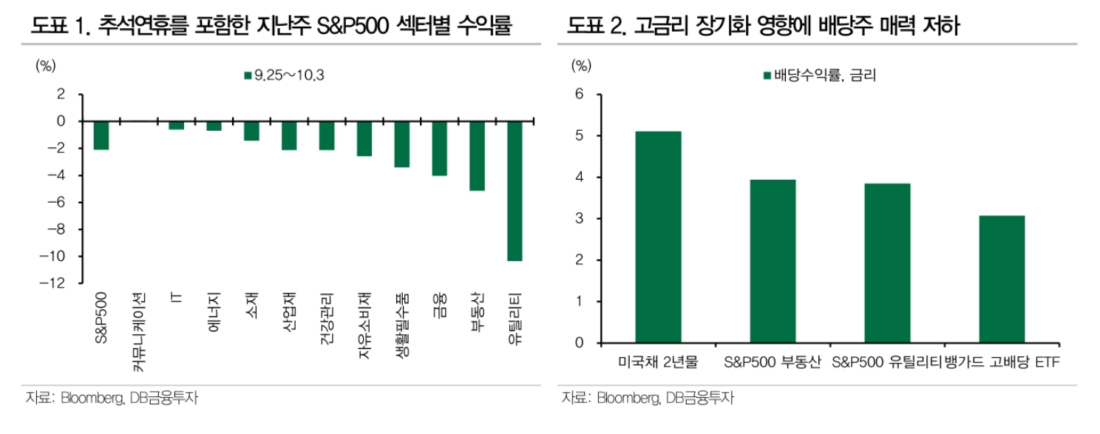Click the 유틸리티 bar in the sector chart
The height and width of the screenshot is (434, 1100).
pyautogui.click(x=515, y=191)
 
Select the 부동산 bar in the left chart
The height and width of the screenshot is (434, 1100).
pyautogui.click(x=477, y=156)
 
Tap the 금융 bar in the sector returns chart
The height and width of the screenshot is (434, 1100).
pyautogui.click(x=439, y=148)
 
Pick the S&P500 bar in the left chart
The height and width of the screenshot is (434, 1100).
pyautogui.click(x=101, y=135)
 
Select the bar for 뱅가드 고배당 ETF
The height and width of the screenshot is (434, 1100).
pyautogui.click(x=1001, y=279)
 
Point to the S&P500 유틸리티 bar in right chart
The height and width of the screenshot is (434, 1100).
pyautogui.click(x=886, y=263)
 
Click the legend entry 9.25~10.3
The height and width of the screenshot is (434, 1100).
pyautogui.click(x=284, y=75)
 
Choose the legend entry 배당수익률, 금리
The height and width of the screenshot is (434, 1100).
pyautogui.click(x=818, y=75)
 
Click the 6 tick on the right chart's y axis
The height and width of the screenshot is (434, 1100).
pyautogui.click(x=579, y=95)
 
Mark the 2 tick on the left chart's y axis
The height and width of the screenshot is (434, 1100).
pyautogui.click(x=61, y=95)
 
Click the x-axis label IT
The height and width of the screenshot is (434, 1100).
pyautogui.click(x=176, y=301)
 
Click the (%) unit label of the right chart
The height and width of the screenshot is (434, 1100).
pyautogui.click(x=582, y=66)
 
